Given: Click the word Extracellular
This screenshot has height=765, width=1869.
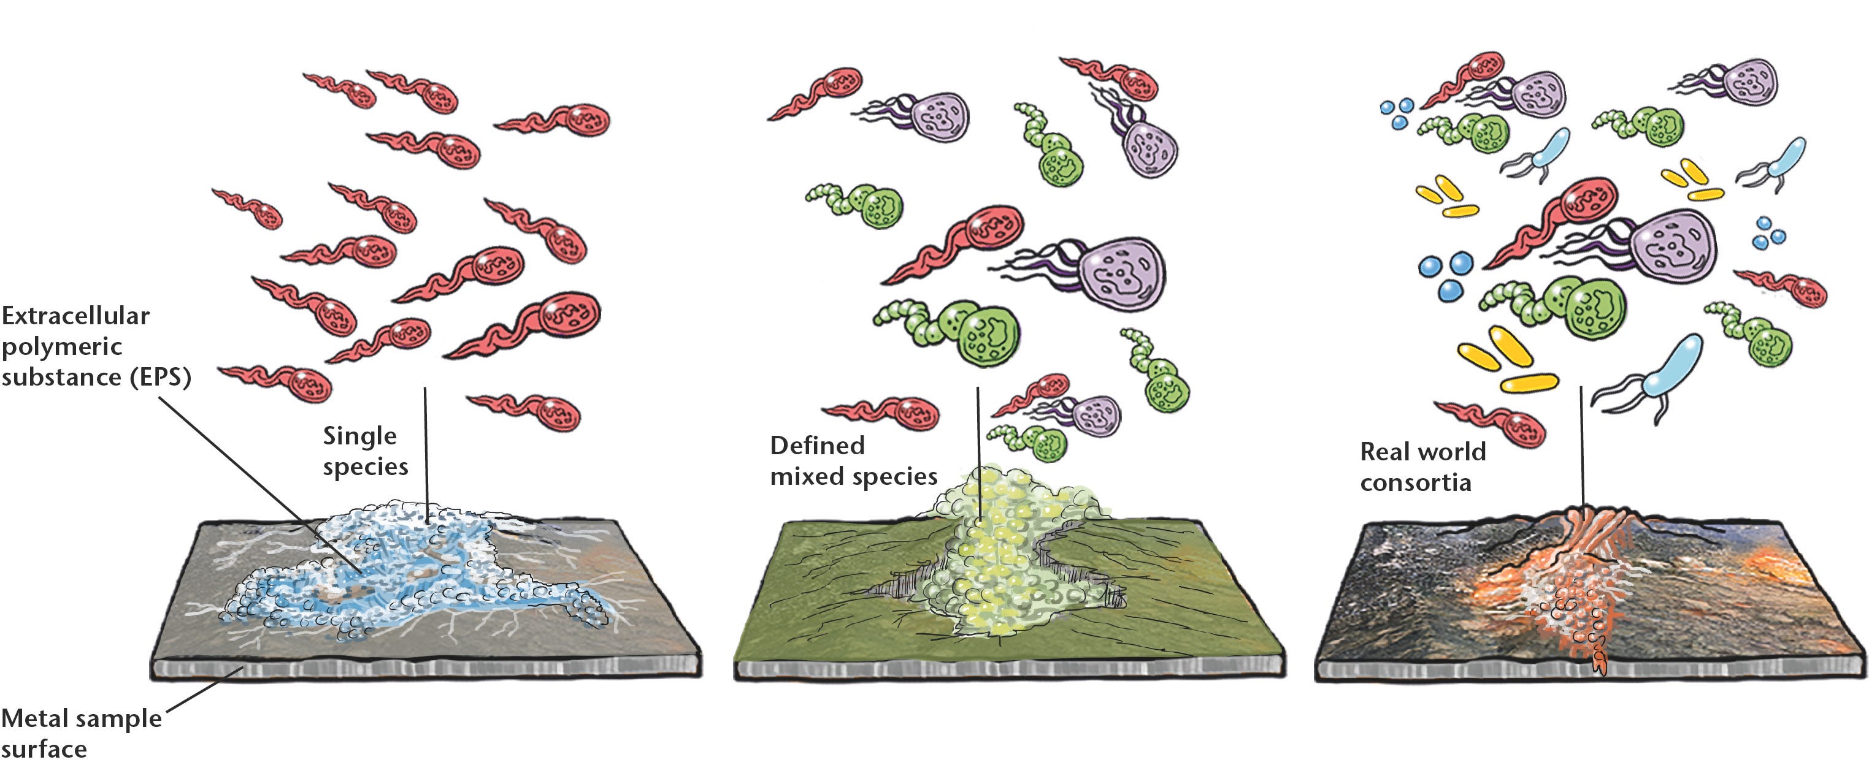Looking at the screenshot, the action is pyautogui.click(x=75, y=316).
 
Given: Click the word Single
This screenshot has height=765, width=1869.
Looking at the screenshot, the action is pyautogui.click(x=360, y=436).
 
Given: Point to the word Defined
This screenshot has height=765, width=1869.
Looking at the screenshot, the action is pyautogui.click(x=817, y=445).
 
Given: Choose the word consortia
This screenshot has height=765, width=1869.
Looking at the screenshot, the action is pyautogui.click(x=1416, y=482).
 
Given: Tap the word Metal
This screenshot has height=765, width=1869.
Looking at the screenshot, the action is pyautogui.click(x=40, y=718).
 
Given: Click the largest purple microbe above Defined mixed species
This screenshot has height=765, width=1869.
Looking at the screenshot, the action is pyautogui.click(x=1121, y=273).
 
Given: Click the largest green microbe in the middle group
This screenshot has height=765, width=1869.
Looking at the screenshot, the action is pyautogui.click(x=987, y=333).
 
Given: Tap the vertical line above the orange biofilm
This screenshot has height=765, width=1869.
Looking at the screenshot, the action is pyautogui.click(x=1582, y=449).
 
